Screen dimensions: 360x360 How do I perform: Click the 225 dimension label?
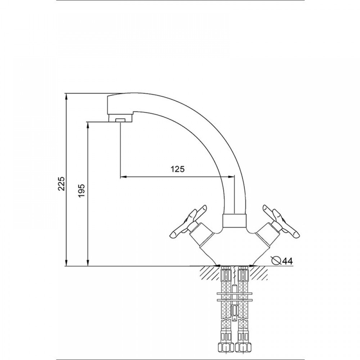62,184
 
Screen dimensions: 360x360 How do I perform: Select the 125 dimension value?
177,169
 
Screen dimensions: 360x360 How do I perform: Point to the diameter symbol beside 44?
276,260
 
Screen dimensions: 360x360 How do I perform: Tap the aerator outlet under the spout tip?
120,120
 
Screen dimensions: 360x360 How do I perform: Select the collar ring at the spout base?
235,221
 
